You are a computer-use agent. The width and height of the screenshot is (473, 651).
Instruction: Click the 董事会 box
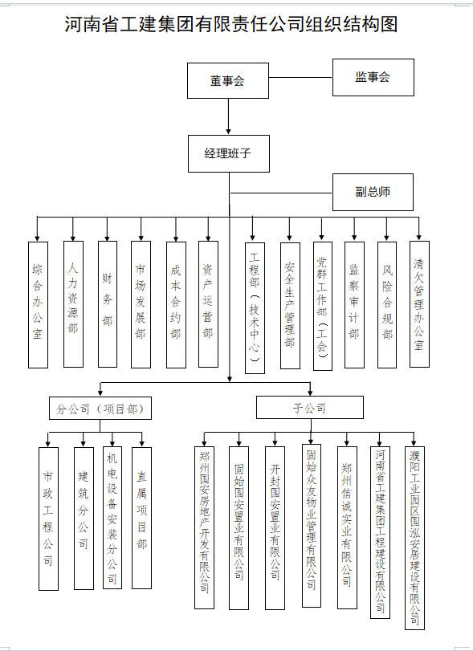(228, 80)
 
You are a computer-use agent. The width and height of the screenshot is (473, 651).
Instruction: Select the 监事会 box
(373, 77)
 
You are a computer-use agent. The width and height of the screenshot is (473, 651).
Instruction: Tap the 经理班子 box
(229, 153)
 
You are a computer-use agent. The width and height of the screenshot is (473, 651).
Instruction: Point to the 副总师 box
(373, 192)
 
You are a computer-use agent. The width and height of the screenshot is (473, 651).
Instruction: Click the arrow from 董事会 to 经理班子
(228, 116)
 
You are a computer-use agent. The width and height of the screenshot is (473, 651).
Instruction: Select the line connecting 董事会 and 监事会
(300, 77)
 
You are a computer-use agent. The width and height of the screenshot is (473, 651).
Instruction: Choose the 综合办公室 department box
(38, 305)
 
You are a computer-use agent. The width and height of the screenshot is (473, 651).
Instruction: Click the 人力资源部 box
(73, 304)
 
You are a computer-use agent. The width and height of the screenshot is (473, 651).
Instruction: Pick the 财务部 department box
(108, 304)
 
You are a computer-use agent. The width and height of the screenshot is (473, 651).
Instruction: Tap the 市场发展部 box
(141, 305)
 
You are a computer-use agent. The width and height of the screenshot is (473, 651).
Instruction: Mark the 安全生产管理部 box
(290, 306)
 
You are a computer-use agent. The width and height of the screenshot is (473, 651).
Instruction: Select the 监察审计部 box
(354, 305)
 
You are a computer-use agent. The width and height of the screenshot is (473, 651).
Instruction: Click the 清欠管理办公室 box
(419, 304)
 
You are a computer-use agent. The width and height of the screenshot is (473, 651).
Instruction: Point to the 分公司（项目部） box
(100, 408)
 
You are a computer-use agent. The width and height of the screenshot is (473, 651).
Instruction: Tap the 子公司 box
(310, 407)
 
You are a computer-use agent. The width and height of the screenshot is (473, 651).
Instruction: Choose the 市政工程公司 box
(48, 519)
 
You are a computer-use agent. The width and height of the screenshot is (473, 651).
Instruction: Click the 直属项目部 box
(141, 518)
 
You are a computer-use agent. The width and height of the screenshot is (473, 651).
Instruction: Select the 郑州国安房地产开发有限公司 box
(204, 527)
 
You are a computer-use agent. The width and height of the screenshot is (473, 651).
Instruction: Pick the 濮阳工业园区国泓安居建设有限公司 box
(415, 538)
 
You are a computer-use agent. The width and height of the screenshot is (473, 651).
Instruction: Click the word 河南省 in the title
(92, 24)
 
